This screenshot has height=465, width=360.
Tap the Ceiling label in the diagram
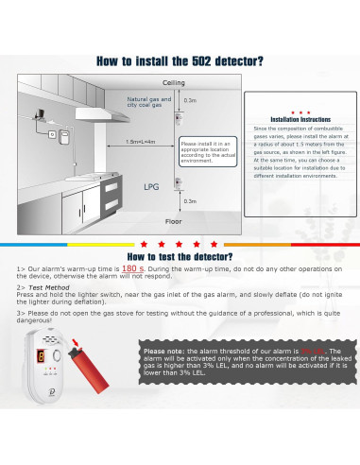click(x=174, y=83)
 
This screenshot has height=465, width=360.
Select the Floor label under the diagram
click(x=174, y=220)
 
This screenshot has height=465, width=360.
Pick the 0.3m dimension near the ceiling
click(x=190, y=99)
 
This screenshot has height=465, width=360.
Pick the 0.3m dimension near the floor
click(x=190, y=200)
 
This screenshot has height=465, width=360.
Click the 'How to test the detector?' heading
click(x=180, y=255)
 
